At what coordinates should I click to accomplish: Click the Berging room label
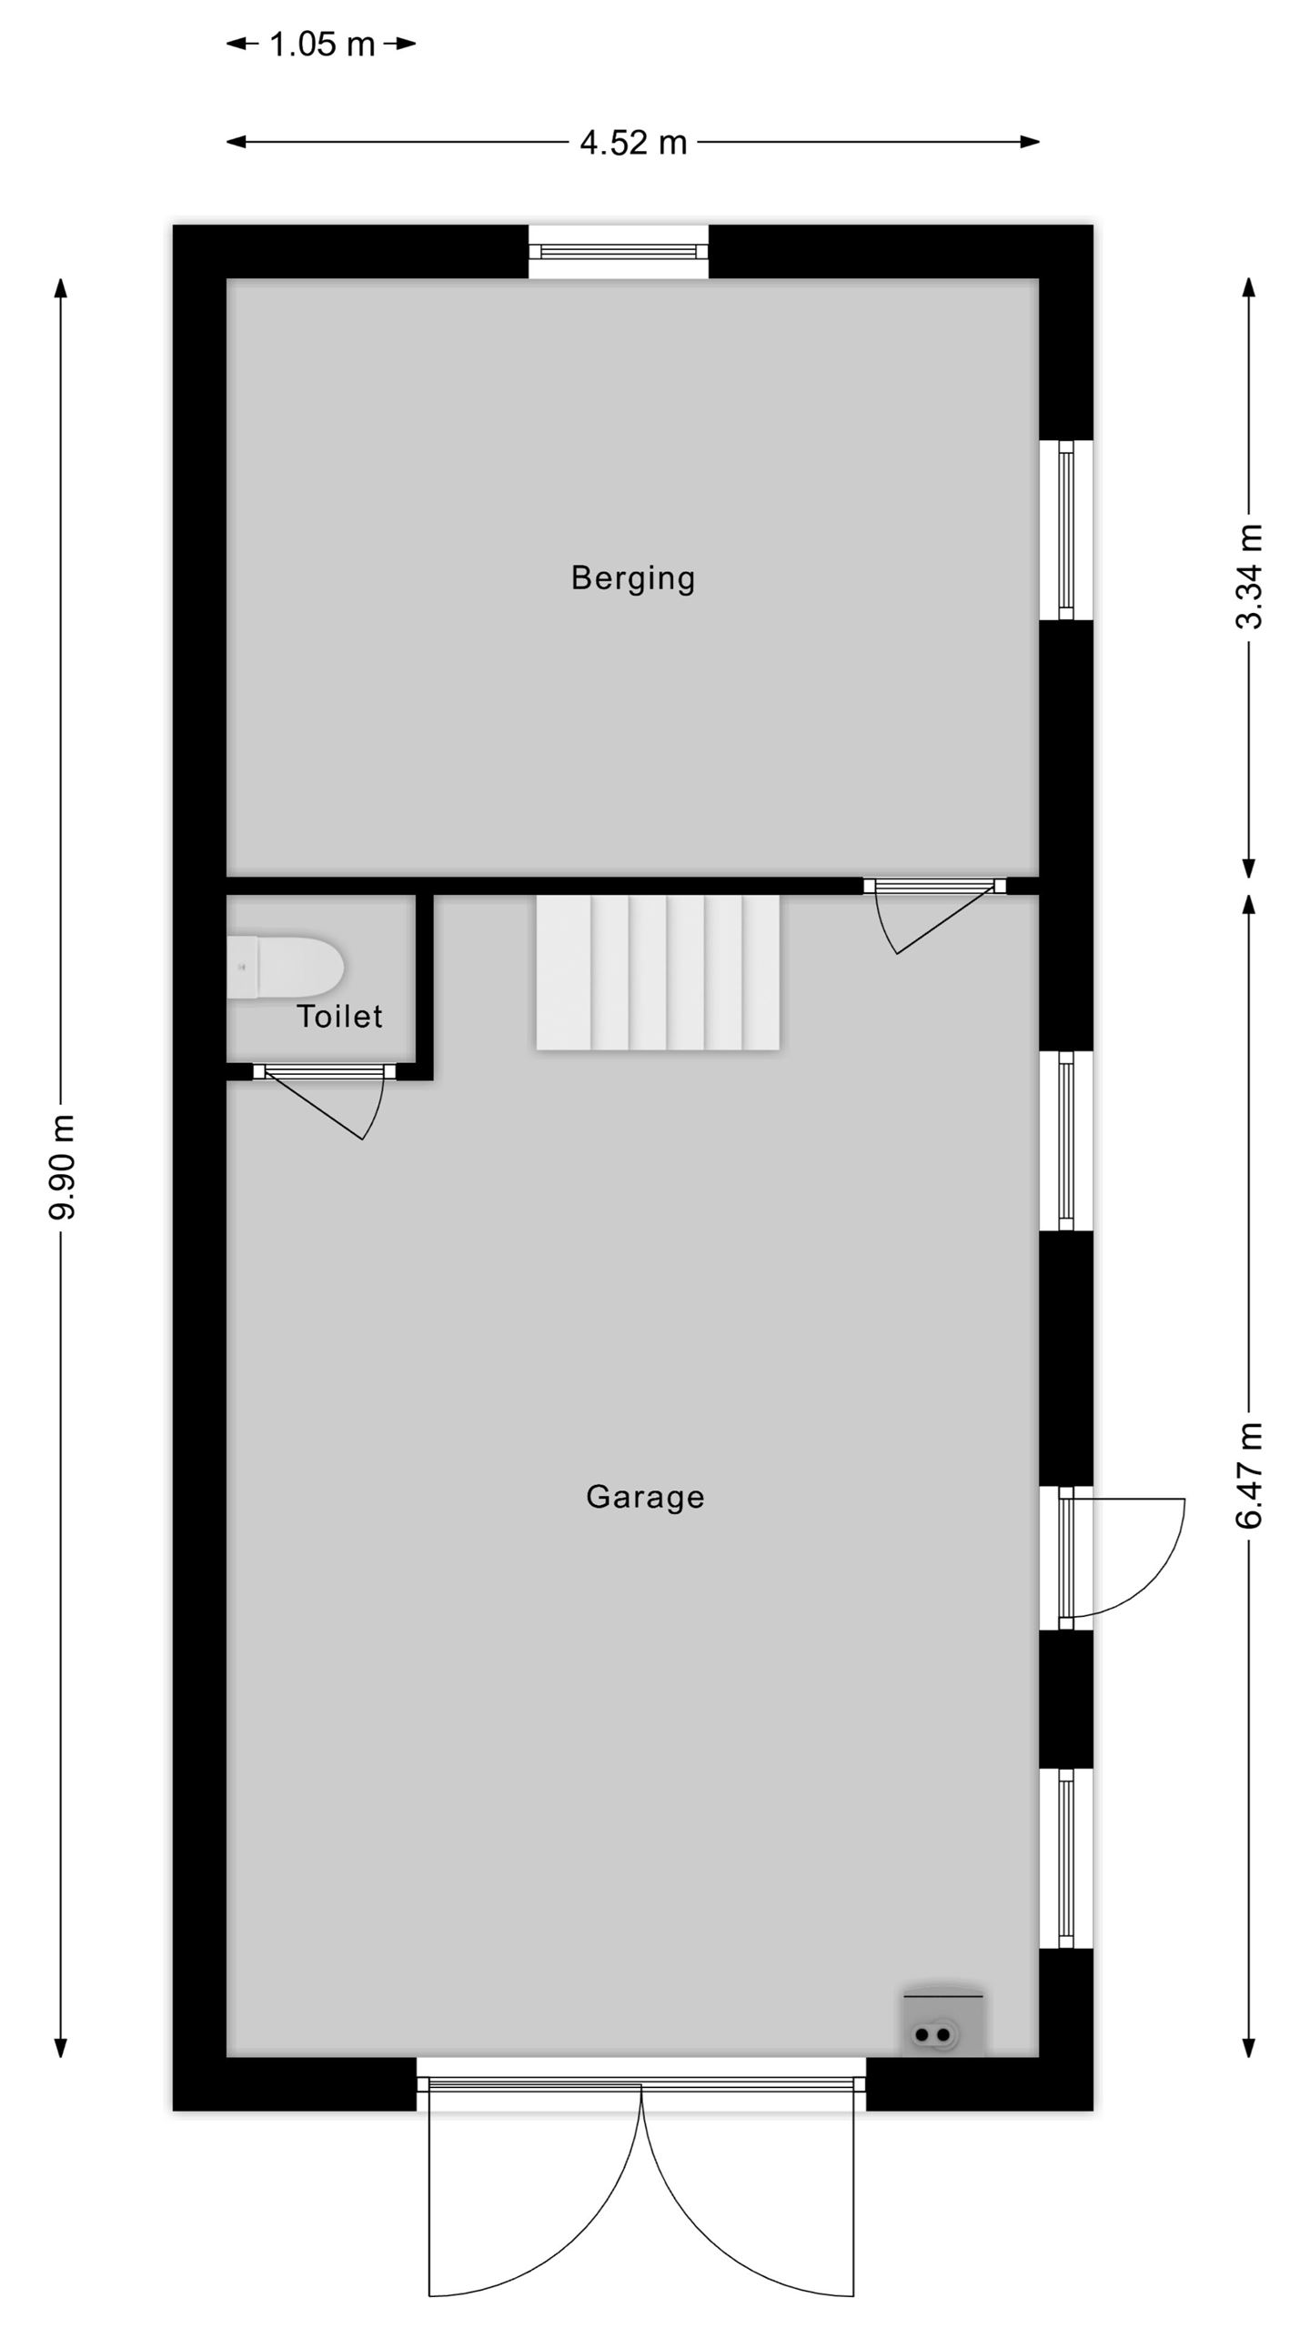633,577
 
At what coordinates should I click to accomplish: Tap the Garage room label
645,1497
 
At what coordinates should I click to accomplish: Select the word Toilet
339,1016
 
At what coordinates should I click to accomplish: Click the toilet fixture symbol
285,967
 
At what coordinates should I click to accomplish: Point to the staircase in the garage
658,972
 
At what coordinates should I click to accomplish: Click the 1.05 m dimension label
322,44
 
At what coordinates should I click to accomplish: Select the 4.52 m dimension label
633,142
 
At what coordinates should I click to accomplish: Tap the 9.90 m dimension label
62,1168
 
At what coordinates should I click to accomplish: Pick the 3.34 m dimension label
1249,577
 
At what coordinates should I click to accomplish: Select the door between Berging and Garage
935,914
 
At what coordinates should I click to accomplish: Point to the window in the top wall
619,251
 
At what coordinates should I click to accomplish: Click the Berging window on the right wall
1066,530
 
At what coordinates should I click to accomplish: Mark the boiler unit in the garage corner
943,2020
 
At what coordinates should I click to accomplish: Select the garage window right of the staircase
1066,1141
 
